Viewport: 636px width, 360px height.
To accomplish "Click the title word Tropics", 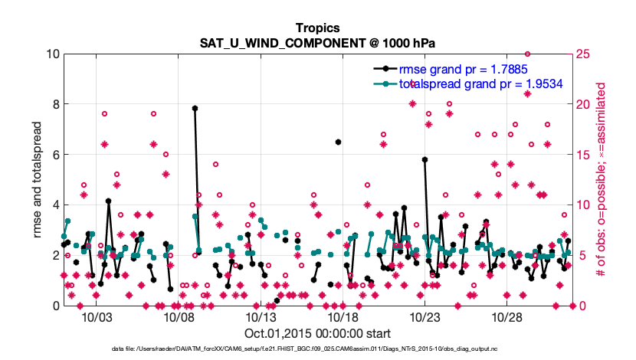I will (317, 26).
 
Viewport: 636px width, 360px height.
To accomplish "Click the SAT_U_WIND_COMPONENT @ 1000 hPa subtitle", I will (317, 41).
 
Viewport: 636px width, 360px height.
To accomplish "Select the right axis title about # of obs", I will (603, 179).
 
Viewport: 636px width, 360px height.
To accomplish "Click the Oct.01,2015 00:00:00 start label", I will (318, 333).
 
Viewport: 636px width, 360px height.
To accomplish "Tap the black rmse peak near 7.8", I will (195, 109).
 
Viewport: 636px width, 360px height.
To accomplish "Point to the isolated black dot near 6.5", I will (338, 142).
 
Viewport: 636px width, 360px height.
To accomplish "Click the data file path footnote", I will (317, 349).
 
